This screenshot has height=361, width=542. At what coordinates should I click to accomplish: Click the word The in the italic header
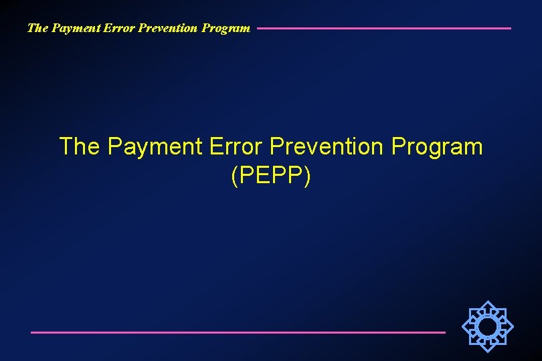pos(36,28)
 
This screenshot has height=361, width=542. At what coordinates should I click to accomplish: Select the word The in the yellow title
pos(79,146)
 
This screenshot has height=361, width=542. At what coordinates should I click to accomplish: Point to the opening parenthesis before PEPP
pos(234,176)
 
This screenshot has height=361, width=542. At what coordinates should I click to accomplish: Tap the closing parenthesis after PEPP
pos(307,176)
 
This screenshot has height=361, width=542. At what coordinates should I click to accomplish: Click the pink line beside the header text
pos(383,28)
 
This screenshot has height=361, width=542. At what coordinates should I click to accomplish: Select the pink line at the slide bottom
pos(238,332)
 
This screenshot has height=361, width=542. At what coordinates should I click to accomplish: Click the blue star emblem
pos(488,326)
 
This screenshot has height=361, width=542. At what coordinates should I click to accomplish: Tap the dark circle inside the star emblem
pos(488,326)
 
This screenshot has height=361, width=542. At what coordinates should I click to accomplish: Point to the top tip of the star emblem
pos(488,302)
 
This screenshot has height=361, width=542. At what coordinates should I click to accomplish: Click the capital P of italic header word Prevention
pos(137,28)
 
